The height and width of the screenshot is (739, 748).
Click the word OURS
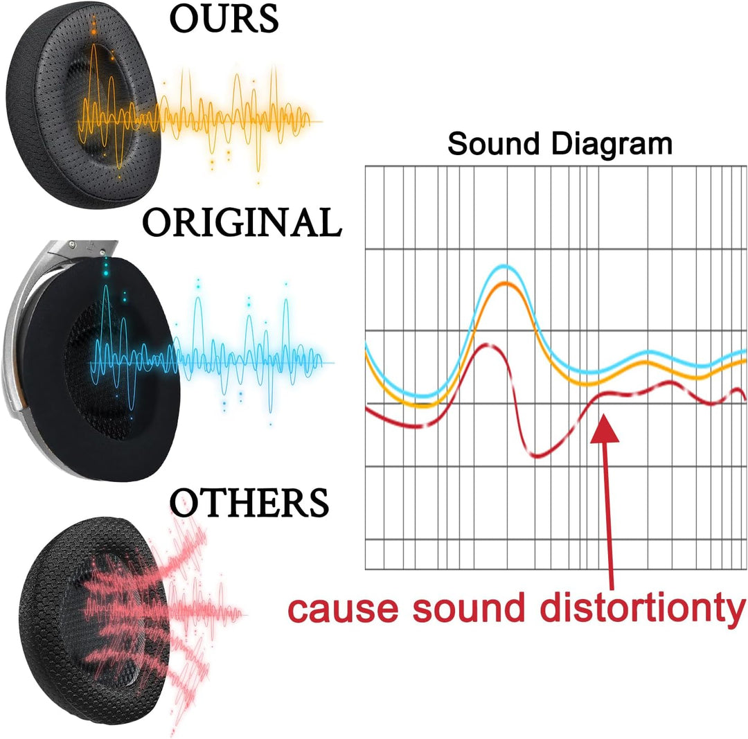(x=224, y=18)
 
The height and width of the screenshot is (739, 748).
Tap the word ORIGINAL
(x=242, y=222)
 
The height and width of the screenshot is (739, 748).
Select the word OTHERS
(x=249, y=502)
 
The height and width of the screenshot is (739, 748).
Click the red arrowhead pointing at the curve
(x=605, y=428)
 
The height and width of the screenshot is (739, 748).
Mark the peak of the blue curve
(x=504, y=266)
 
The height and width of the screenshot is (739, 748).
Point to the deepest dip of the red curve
(x=537, y=456)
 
